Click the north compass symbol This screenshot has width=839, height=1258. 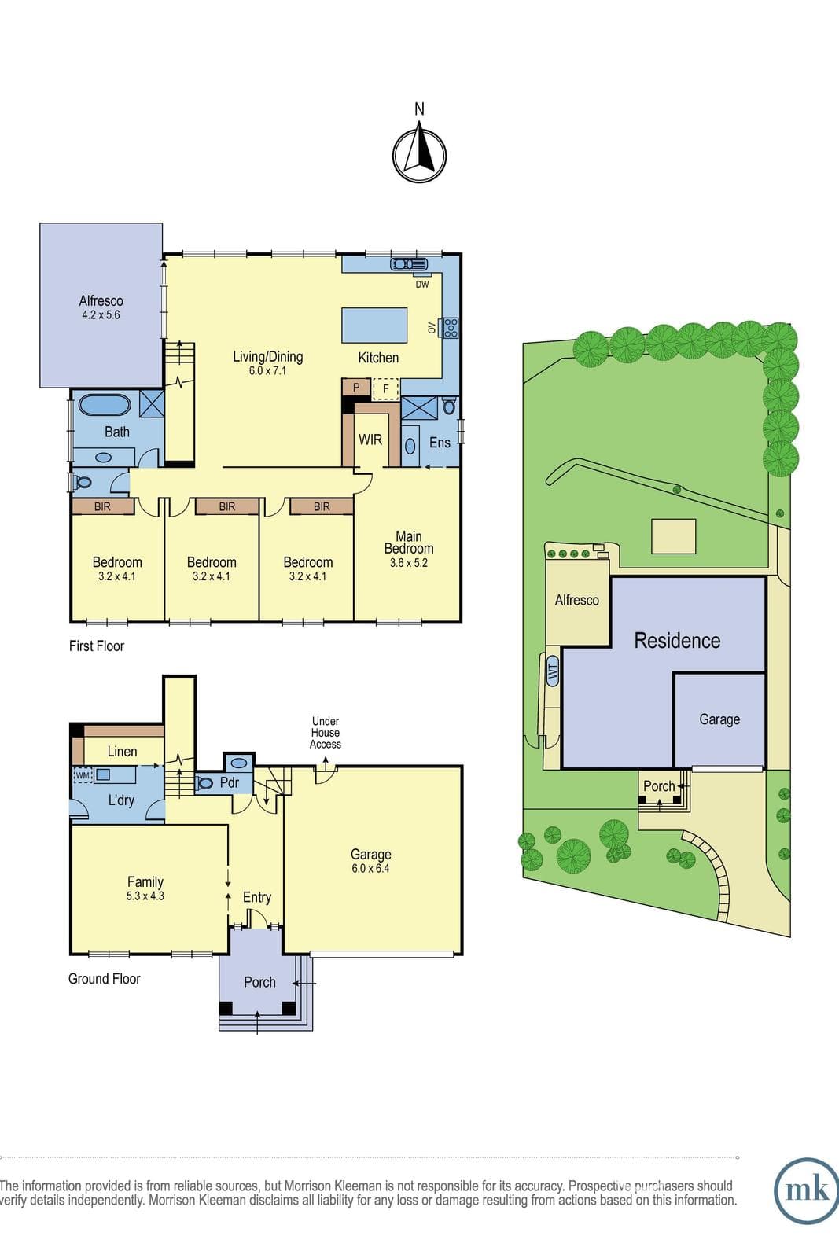coord(419,156)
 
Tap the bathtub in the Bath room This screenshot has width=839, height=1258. coord(105,405)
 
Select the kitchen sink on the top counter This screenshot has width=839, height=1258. coord(409,263)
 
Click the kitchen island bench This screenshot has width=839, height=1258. coord(374,326)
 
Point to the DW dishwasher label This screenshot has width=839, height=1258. coord(422,284)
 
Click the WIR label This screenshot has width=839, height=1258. coord(370,440)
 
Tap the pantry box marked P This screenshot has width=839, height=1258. coord(356,388)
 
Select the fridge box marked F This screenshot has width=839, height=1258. coord(386,388)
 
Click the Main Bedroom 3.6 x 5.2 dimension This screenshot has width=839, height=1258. coord(409,563)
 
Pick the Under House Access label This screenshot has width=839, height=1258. coord(326,732)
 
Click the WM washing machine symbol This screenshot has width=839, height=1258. coord(83,775)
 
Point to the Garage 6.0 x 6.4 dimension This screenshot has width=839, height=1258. coord(370,868)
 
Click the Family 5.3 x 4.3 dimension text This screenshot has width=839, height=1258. coord(145,896)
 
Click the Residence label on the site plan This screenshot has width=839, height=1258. coord(677,641)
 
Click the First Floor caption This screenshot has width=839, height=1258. coord(97,646)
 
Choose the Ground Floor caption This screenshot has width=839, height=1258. coord(105,979)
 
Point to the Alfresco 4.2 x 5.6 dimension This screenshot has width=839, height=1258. coord(101,315)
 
